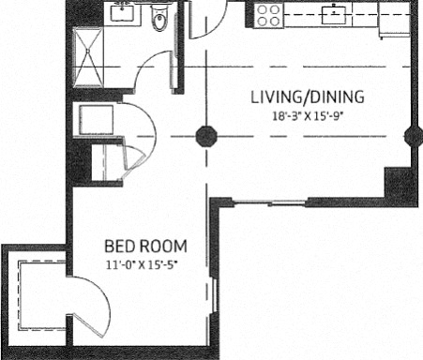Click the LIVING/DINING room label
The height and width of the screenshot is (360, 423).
click(308, 97)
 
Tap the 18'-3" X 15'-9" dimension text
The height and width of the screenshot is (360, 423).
click(308, 116)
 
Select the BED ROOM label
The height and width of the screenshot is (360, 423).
click(145, 247)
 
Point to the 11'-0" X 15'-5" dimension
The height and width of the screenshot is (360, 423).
click(142, 265)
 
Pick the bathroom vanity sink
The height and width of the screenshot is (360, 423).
click(122, 12)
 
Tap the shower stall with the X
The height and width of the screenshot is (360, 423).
click(88, 57)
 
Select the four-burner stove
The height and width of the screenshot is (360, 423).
click(268, 16)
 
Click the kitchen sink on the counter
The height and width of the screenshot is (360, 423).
click(334, 15)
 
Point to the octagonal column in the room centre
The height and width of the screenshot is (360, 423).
click(206, 136)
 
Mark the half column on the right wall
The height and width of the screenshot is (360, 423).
click(412, 137)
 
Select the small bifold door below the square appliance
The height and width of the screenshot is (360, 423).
click(134, 161)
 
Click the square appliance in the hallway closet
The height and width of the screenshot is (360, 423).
click(96, 120)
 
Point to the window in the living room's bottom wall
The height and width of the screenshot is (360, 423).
click(269, 203)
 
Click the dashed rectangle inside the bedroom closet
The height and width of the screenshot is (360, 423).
click(42, 295)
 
